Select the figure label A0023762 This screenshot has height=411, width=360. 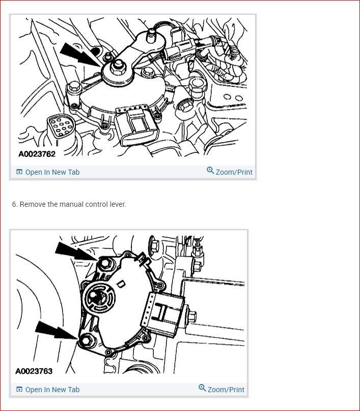pyautogui.click(x=37, y=153)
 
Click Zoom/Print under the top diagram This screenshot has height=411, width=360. pyautogui.click(x=230, y=172)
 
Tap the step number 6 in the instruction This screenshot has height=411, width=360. pyautogui.click(x=15, y=204)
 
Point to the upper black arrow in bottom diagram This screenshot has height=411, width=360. pyautogui.click(x=73, y=252)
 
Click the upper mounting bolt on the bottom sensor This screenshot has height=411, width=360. pyautogui.click(x=105, y=263)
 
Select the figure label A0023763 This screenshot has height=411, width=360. pyautogui.click(x=34, y=371)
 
